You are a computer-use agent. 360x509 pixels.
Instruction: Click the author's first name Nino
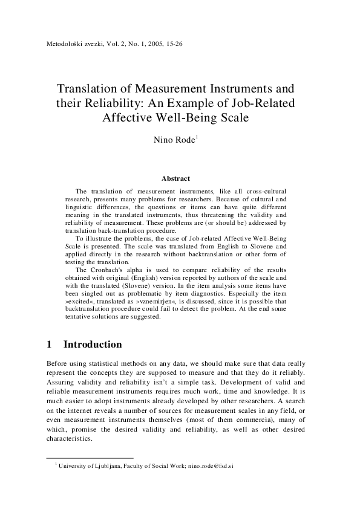click(x=167, y=141)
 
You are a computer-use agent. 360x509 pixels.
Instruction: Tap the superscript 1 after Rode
click(x=197, y=138)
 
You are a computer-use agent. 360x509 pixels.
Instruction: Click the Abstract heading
click(x=176, y=178)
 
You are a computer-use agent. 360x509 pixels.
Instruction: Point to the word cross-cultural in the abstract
click(x=265, y=191)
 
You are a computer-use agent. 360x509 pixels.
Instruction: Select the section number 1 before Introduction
click(x=49, y=345)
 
